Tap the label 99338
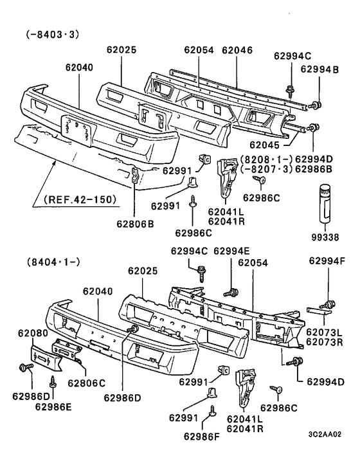[323, 237]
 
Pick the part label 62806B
[135, 224]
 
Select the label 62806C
[87, 383]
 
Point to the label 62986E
[54, 406]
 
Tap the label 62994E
[234, 251]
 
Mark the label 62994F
[327, 260]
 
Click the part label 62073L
[325, 332]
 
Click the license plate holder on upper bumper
[78, 127]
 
